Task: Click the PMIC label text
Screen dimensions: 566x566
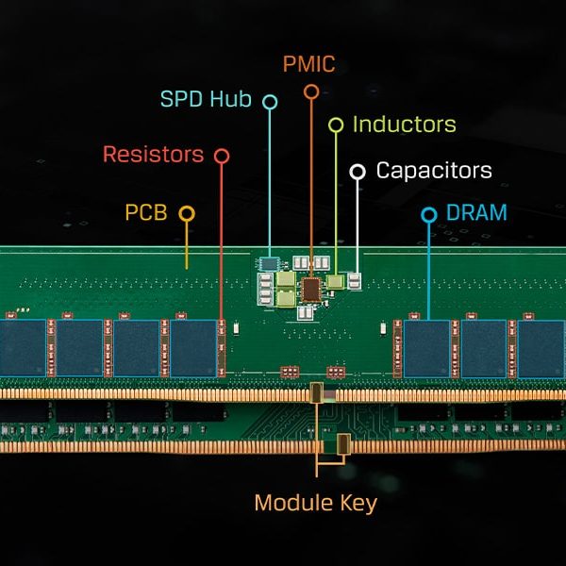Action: click(x=309, y=65)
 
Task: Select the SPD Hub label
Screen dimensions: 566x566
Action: click(x=207, y=99)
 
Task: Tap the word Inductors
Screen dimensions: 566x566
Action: click(x=404, y=125)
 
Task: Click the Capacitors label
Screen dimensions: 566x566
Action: click(x=434, y=171)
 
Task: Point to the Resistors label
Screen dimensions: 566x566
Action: click(x=153, y=154)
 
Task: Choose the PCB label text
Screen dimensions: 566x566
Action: click(x=146, y=213)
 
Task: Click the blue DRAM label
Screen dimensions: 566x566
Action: click(x=476, y=213)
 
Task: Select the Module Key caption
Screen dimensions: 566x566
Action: click(x=316, y=503)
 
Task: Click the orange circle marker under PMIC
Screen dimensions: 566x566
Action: click(x=311, y=92)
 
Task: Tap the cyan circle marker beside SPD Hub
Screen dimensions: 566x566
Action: click(x=270, y=100)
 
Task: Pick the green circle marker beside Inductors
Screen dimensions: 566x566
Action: click(x=335, y=125)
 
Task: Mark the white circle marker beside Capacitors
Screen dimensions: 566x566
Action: click(x=358, y=171)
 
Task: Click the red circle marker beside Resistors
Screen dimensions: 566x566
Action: click(x=221, y=155)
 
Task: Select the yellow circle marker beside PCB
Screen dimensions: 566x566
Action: click(x=186, y=214)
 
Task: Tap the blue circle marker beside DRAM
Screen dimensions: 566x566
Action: click(x=429, y=214)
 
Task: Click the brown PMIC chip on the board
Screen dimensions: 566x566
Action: click(x=310, y=287)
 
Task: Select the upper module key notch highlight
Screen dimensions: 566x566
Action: click(x=317, y=393)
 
